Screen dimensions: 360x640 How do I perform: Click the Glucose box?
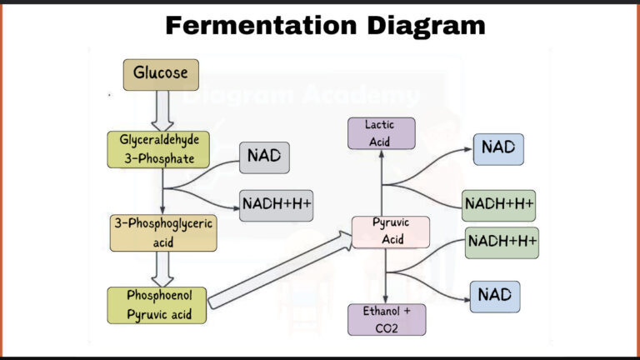(x=162, y=74)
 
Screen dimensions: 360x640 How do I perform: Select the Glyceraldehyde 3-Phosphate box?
(x=158, y=147)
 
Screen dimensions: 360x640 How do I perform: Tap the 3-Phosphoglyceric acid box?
(x=163, y=233)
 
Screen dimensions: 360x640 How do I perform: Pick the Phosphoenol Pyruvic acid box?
(x=157, y=305)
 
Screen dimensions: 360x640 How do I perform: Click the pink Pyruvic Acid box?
(x=390, y=232)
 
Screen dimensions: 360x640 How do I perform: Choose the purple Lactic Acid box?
(x=381, y=133)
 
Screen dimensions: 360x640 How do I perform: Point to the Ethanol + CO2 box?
(x=386, y=320)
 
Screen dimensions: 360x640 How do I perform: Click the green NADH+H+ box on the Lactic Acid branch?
(x=498, y=205)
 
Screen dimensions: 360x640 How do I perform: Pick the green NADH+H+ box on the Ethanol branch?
(x=501, y=242)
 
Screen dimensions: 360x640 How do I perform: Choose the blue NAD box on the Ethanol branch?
(x=495, y=296)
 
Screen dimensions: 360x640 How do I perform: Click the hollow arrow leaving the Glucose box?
(x=162, y=110)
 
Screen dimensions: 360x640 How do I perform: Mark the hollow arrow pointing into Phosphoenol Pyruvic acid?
(x=163, y=269)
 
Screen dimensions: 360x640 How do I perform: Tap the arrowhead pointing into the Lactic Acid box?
(x=382, y=156)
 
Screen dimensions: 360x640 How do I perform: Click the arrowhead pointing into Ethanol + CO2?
(x=386, y=298)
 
